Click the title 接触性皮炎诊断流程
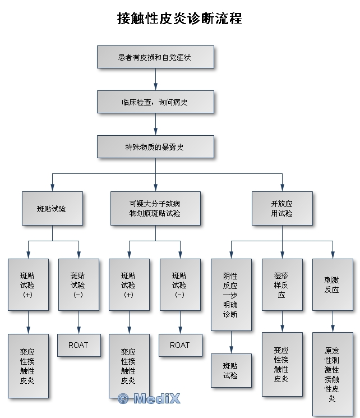[x=179, y=19]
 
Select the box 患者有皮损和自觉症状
[x=155, y=57]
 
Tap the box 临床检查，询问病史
[x=155, y=102]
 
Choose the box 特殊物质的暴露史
[x=155, y=147]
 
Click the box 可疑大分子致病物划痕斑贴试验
[x=155, y=209]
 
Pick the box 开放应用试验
[x=281, y=209]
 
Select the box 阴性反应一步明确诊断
[x=230, y=295]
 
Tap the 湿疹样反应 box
[x=281, y=284]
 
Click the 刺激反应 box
[x=333, y=284]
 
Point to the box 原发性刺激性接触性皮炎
[x=333, y=374]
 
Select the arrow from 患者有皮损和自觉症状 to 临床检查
[x=155, y=80]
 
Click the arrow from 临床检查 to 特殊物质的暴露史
[x=155, y=125]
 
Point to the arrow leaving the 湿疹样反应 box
[x=281, y=321]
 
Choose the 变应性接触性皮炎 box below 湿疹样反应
[x=281, y=364]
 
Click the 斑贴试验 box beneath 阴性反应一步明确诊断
[x=230, y=370]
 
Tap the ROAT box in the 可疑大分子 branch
[x=179, y=345]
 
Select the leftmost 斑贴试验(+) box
[x=28, y=284]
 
